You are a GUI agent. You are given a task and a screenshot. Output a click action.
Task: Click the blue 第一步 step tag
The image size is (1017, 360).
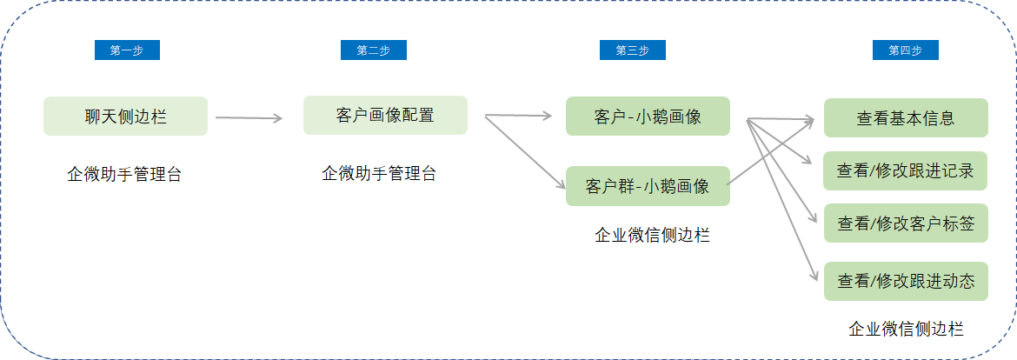(x=127, y=50)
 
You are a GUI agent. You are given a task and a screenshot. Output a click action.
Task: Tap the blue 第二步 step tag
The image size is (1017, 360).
(x=374, y=50)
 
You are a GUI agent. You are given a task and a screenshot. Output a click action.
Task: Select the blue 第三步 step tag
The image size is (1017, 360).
(x=633, y=50)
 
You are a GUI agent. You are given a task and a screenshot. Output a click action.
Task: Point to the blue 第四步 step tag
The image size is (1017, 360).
(x=906, y=50)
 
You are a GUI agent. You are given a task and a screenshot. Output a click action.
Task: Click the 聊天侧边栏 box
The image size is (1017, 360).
(x=126, y=117)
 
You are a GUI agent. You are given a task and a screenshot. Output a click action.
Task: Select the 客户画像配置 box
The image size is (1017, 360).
(x=385, y=116)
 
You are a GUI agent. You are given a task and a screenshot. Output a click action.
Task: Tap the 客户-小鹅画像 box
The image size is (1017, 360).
(x=648, y=117)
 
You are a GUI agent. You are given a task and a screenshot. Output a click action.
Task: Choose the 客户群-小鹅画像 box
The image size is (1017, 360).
(x=648, y=186)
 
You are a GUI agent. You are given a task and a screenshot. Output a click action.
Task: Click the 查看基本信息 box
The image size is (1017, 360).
(x=906, y=118)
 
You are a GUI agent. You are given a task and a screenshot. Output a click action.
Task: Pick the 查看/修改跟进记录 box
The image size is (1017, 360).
(x=906, y=170)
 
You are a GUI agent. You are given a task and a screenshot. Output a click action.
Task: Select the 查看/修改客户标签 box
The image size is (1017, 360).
(x=906, y=223)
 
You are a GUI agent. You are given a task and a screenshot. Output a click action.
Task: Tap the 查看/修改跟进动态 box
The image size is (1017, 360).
(x=906, y=282)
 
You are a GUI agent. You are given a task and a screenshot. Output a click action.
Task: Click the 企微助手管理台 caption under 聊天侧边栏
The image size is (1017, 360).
(x=124, y=175)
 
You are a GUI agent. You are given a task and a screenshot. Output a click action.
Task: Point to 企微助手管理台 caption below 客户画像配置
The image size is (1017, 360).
(x=379, y=173)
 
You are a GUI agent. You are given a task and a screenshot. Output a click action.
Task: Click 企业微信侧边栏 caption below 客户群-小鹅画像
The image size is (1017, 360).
(x=653, y=235)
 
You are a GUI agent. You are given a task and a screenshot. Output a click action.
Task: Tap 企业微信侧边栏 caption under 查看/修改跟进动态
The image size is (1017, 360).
(x=906, y=329)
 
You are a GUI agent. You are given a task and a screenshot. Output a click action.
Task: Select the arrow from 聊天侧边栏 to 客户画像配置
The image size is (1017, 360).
(x=249, y=118)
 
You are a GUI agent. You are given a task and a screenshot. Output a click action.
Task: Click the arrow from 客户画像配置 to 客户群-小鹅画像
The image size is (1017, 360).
(x=523, y=152)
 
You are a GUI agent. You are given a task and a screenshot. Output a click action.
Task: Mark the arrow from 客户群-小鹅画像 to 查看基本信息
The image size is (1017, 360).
(x=770, y=152)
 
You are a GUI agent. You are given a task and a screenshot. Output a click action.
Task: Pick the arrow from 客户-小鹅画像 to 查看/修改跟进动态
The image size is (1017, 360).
(x=781, y=199)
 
